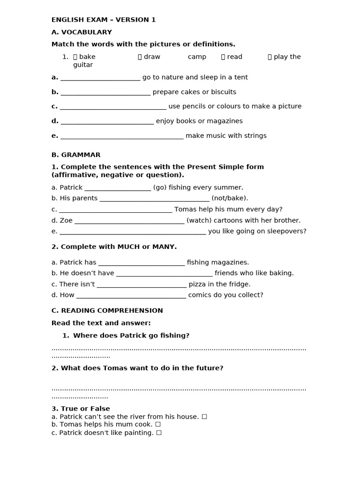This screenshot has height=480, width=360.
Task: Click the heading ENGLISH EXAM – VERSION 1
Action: click(104, 20)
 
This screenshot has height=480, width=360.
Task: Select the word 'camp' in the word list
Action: click(197, 57)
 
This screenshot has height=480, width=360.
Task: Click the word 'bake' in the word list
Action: click(87, 57)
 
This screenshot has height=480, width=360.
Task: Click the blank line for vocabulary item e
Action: click(122, 136)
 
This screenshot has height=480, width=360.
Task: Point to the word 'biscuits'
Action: click(223, 92)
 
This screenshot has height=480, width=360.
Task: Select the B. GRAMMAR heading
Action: click(76, 155)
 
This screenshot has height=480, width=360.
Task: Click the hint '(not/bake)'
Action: click(230, 198)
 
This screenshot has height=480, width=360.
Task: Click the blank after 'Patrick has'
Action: click(142, 263)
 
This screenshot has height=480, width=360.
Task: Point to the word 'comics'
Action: click(200, 295)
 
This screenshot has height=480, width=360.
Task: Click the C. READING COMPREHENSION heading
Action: click(107, 310)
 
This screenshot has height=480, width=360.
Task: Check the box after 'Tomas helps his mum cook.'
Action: click(158, 424)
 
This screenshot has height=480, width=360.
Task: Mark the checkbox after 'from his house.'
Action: click(204, 416)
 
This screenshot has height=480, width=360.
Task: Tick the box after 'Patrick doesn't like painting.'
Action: click(159, 433)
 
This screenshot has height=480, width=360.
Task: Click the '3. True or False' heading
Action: click(81, 409)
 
